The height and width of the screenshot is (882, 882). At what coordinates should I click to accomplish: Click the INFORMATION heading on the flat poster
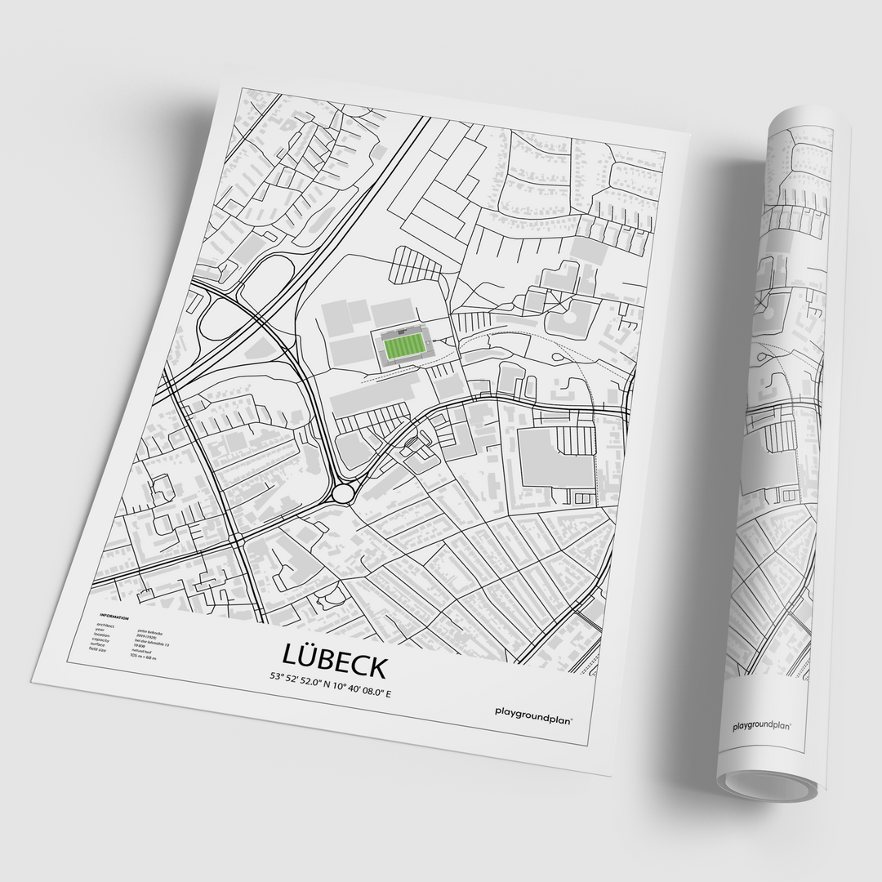coord(114,617)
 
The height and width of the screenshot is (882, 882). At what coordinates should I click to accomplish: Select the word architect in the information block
coord(106,625)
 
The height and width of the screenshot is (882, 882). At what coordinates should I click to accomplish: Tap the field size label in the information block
coord(98,649)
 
